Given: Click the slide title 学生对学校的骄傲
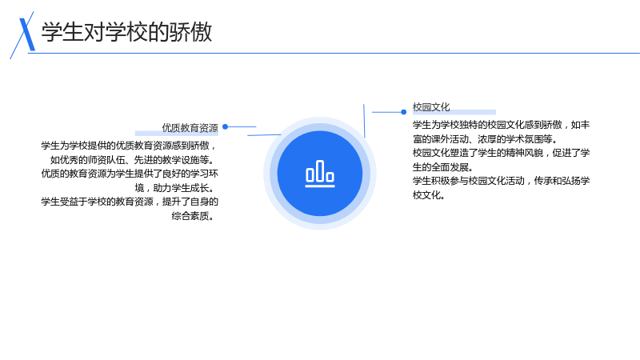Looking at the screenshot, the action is (126, 32).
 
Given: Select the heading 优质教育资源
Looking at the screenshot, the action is (190, 128).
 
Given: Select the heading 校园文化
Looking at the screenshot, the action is (431, 107).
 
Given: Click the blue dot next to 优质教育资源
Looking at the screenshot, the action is (225, 127).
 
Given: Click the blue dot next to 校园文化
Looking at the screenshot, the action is (404, 112).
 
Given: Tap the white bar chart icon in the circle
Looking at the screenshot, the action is (320, 174).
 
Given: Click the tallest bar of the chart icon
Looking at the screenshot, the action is (320, 170).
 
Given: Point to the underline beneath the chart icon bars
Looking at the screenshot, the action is (320, 186).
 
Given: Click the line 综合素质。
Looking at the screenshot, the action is (193, 216).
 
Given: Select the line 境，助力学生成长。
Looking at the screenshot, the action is (174, 188).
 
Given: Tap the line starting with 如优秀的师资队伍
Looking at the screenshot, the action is (133, 159).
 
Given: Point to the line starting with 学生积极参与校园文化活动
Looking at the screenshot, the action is (502, 181).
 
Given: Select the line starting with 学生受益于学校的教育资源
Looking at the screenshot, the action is (130, 202).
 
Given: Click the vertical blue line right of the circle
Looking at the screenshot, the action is (364, 121).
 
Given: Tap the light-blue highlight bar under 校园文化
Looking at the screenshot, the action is (454, 112).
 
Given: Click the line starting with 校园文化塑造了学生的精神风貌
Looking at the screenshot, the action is (502, 153).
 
